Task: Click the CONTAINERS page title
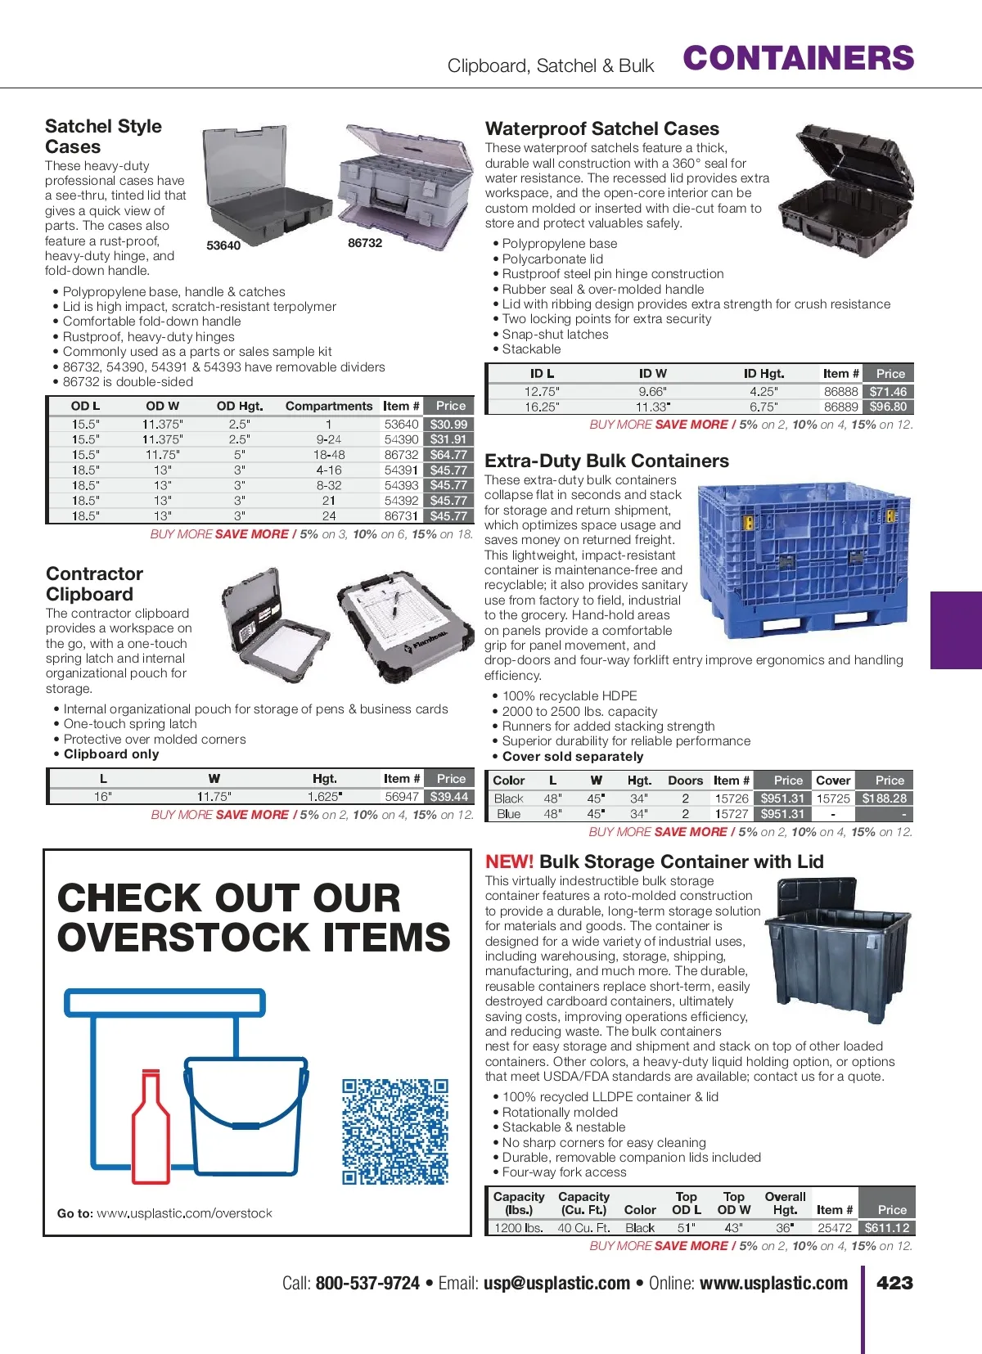pyautogui.click(x=798, y=58)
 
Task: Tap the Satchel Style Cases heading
pyautogui.click(x=103, y=137)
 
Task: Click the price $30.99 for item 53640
pyautogui.click(x=449, y=424)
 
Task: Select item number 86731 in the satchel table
pyautogui.click(x=401, y=516)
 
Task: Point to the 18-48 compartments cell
pyautogui.click(x=329, y=455)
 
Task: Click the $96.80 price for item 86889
pyautogui.click(x=888, y=407)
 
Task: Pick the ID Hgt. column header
pyautogui.click(x=764, y=374)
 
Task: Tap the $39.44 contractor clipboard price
pyautogui.click(x=449, y=797)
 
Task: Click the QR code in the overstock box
pyautogui.click(x=395, y=1131)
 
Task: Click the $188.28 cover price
pyautogui.click(x=885, y=798)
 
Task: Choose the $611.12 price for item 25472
pyautogui.click(x=887, y=1228)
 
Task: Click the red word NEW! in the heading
pyautogui.click(x=509, y=861)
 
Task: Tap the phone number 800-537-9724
pyautogui.click(x=367, y=1284)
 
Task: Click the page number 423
pyautogui.click(x=894, y=1283)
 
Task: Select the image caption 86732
pyautogui.click(x=365, y=243)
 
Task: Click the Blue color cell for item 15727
pyautogui.click(x=508, y=814)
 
